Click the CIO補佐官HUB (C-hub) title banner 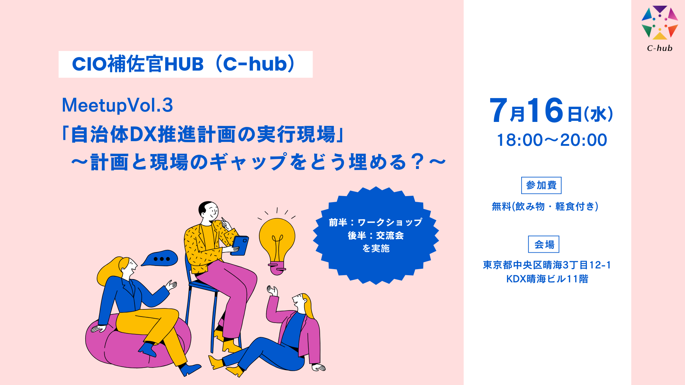186,64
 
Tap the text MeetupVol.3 117,106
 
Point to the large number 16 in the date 545,111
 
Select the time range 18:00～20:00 552,140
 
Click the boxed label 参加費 541,185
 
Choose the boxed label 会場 544,244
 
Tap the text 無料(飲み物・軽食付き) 545,206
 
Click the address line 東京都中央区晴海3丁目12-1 547,265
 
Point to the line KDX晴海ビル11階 547,279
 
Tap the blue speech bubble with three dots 160,258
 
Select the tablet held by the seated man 240,245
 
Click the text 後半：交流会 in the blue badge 376,236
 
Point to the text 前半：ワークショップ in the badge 376,222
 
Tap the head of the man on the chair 209,212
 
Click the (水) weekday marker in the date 598,114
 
